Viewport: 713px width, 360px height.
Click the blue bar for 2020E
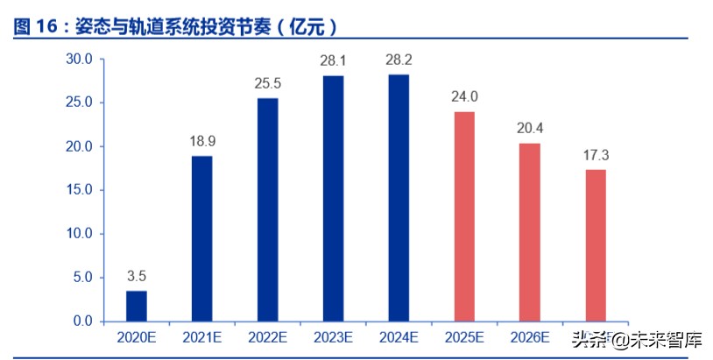coord(136,306)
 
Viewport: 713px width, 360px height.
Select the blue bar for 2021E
coord(201,238)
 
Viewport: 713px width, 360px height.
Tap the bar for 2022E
coord(267,209)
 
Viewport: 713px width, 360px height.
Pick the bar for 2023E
coord(333,198)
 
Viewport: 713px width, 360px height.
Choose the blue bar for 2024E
coord(399,198)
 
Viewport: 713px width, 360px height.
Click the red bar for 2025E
coord(464,216)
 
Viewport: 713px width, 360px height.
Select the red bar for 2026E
coord(530,232)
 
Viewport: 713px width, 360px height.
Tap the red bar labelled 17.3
coord(596,245)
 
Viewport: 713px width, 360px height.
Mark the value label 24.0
coord(464,96)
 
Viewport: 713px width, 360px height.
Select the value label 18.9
coord(201,140)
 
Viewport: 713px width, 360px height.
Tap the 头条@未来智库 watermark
coord(637,339)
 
